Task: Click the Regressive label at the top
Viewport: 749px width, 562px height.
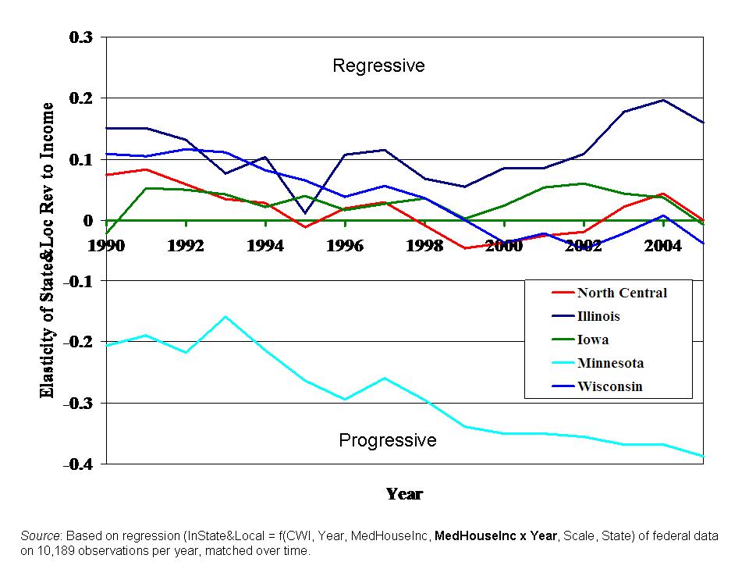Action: tap(378, 66)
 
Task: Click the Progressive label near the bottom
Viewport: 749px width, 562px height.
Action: tap(387, 440)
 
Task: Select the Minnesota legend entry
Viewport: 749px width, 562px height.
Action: tap(610, 363)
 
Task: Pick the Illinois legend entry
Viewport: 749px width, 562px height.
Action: tap(598, 316)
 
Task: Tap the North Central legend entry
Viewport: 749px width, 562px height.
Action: tap(622, 293)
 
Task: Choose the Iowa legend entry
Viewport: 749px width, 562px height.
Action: tap(593, 340)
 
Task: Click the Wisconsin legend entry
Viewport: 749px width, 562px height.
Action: tap(609, 386)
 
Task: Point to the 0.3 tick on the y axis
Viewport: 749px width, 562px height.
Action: tap(81, 37)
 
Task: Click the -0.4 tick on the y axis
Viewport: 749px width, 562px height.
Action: tap(78, 464)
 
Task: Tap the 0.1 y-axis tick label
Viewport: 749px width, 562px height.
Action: tap(81, 159)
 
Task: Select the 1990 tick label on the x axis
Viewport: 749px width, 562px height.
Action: tap(107, 245)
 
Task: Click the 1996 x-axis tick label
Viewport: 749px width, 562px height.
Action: tap(345, 245)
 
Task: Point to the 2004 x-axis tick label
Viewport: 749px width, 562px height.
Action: tap(663, 245)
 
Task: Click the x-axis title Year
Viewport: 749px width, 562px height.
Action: tap(404, 494)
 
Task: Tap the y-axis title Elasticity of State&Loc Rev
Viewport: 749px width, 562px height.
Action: tap(48, 250)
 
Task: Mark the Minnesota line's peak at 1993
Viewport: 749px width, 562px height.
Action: tap(225, 316)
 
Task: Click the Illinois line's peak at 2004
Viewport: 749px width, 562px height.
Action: tap(663, 100)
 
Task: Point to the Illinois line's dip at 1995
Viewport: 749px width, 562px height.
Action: tap(305, 212)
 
